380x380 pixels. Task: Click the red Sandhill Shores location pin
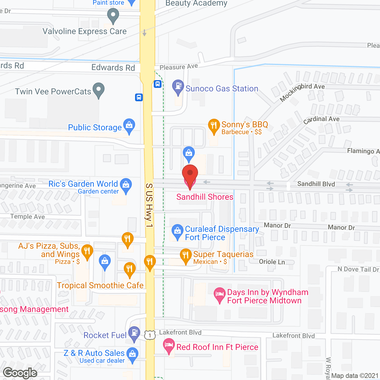click(x=190, y=174)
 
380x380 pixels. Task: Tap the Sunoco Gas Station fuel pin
click(x=178, y=87)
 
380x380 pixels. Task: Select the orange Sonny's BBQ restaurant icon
click(x=214, y=126)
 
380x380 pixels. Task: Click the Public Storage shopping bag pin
click(x=129, y=126)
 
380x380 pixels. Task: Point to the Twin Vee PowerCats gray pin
click(x=99, y=90)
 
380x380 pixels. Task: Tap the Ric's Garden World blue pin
click(x=126, y=185)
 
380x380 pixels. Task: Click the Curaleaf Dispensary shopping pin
click(x=178, y=231)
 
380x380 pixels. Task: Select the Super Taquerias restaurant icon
click(x=186, y=256)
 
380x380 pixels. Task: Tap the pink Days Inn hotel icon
click(x=220, y=294)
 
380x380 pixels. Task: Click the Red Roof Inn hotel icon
click(x=169, y=346)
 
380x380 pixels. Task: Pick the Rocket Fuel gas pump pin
click(x=134, y=333)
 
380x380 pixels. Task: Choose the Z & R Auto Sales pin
click(x=132, y=355)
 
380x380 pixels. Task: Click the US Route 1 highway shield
click(x=150, y=335)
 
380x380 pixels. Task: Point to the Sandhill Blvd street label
click(x=316, y=184)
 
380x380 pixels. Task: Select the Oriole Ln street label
click(x=272, y=262)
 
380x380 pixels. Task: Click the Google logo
click(x=20, y=373)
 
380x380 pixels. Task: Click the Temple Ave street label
click(x=28, y=216)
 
